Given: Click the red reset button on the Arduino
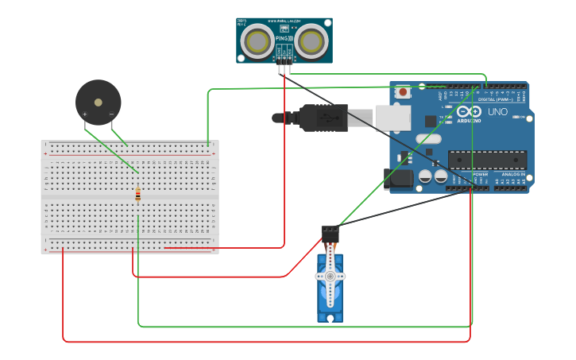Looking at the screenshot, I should (x=403, y=91).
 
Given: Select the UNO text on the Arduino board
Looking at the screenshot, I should (x=497, y=112).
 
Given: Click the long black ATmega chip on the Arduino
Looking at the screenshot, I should (x=487, y=160).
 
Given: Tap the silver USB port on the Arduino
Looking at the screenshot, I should (x=392, y=118).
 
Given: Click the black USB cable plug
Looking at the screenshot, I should (x=322, y=118).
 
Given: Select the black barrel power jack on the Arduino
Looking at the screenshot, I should (x=398, y=179).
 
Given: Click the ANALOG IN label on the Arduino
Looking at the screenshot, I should (x=512, y=174).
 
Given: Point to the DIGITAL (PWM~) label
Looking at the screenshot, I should (x=496, y=99).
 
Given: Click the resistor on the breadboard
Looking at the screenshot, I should (x=138, y=194).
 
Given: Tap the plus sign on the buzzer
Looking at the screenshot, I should (x=85, y=114).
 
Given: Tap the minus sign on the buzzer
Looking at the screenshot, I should (x=111, y=114).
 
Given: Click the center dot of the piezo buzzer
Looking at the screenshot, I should (x=99, y=102).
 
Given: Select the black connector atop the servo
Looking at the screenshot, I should (x=330, y=233).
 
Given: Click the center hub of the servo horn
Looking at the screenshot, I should (x=330, y=276).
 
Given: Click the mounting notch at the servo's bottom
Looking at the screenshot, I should (x=330, y=318).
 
